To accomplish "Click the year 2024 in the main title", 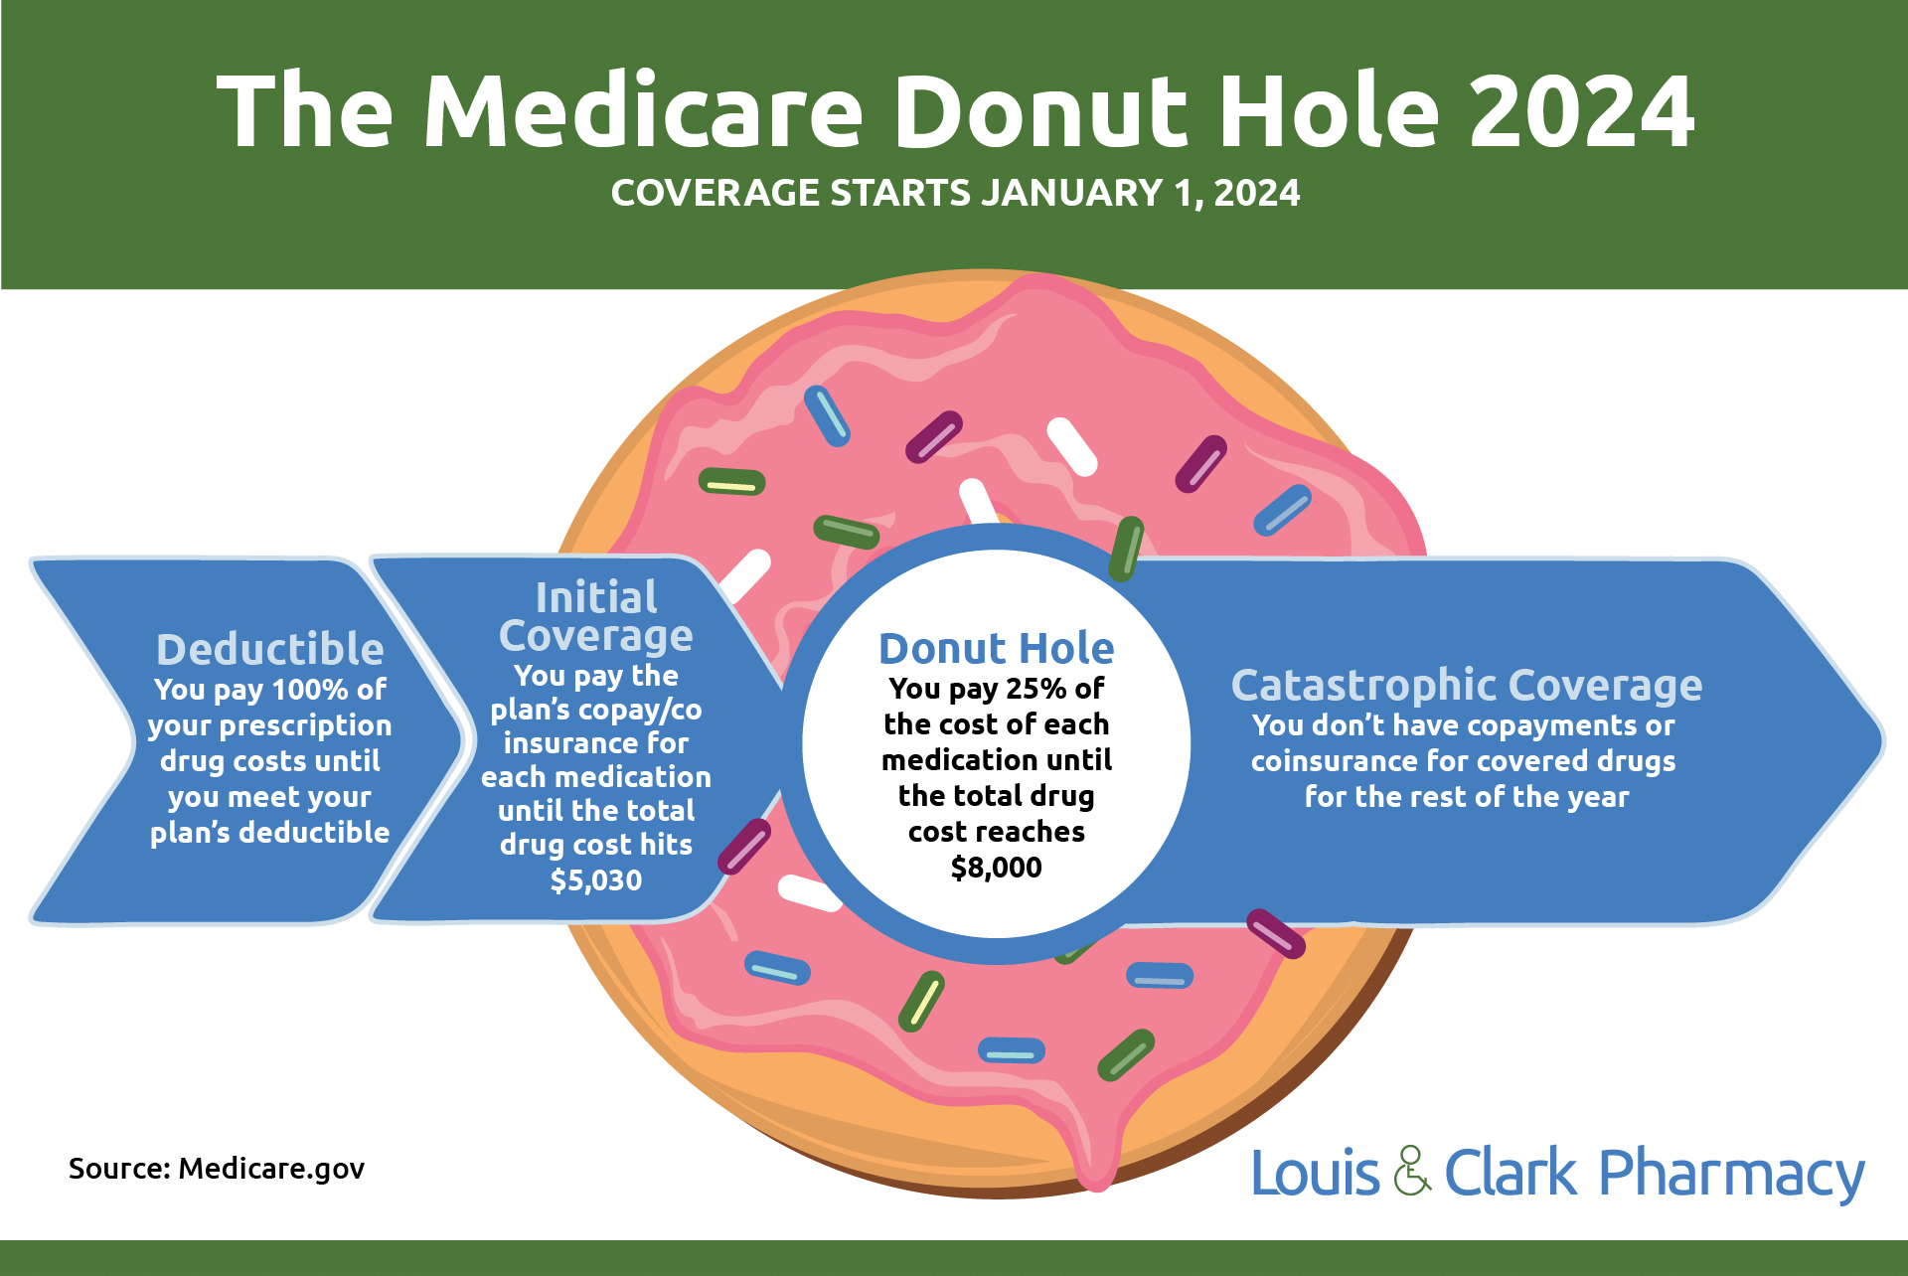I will [x=1581, y=111].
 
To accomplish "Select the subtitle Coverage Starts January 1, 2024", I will [x=954, y=193].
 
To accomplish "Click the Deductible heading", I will [x=269, y=649].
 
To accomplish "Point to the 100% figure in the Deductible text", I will [x=309, y=690].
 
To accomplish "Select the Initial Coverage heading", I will [x=595, y=616].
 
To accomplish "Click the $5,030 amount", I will [x=595, y=880].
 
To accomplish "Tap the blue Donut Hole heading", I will [x=996, y=649].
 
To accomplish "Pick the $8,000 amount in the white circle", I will [x=996, y=868].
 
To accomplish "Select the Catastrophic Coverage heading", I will [x=1466, y=685].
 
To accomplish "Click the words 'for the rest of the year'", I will [x=1466, y=797].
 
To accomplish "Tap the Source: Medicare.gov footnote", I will [x=217, y=1169].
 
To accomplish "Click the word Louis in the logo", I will [x=1315, y=1174].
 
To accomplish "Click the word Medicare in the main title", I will [x=643, y=111].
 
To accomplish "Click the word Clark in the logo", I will [x=1510, y=1174].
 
